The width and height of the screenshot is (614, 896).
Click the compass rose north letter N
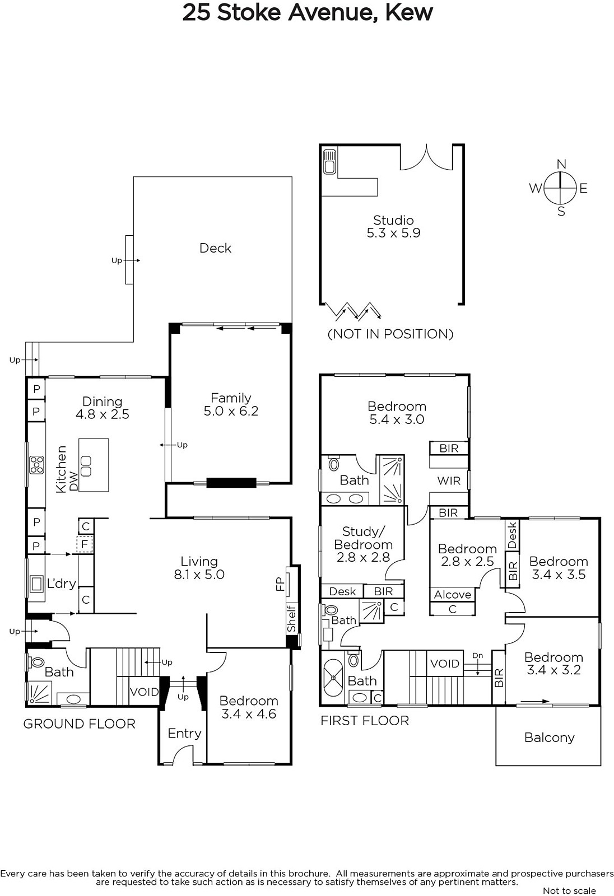(561, 164)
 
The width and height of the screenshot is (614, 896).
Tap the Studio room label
(393, 220)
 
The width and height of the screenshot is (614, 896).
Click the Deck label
(215, 248)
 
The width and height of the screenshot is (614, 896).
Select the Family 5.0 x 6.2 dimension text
(231, 411)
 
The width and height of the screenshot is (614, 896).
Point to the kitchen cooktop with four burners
(36, 465)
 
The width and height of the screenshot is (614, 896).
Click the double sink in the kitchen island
(86, 466)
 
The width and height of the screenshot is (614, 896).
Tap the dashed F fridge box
(85, 544)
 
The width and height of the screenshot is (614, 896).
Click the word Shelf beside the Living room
(291, 619)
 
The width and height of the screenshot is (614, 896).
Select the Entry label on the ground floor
(184, 733)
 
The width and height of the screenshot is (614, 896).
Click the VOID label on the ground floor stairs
(144, 692)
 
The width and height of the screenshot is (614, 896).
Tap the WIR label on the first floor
(449, 481)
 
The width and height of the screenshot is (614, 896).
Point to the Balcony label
(549, 737)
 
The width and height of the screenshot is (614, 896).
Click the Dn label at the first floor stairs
(477, 655)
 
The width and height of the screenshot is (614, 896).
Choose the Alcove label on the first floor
(452, 594)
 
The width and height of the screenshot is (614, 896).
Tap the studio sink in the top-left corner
(329, 162)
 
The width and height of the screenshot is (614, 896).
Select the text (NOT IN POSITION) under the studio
(390, 334)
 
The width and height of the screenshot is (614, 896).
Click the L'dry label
(61, 584)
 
